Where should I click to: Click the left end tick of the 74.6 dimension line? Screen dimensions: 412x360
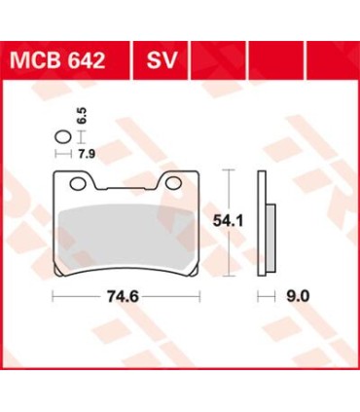point(53,291)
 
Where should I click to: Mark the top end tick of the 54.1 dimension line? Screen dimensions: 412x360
point(229,169)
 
